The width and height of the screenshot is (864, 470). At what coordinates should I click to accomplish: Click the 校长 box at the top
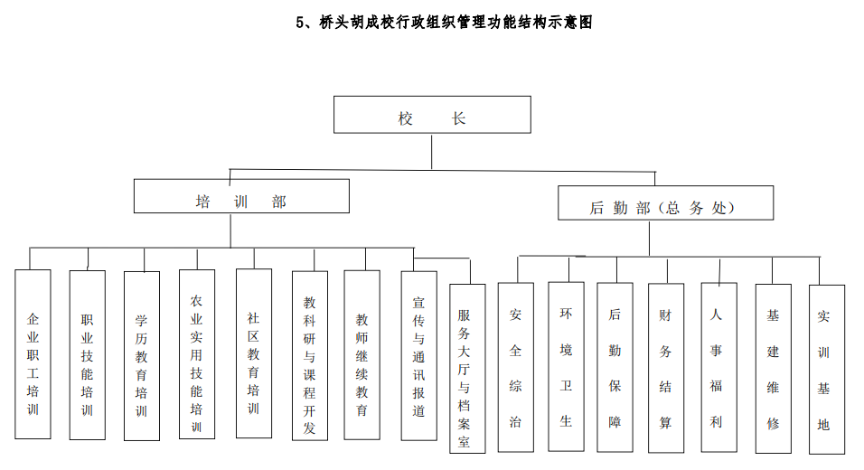click(432, 115)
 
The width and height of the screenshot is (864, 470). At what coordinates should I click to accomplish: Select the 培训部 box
click(241, 196)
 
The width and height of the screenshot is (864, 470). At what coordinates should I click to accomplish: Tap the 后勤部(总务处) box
click(665, 203)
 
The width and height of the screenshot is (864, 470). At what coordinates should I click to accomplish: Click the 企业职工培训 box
click(33, 354)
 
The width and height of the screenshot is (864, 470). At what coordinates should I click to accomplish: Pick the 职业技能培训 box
click(88, 354)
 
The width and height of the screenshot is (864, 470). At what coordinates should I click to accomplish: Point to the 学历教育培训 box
click(142, 356)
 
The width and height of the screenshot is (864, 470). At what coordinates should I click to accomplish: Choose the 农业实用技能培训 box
click(197, 354)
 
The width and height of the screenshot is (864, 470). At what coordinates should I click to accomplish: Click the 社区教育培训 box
click(254, 354)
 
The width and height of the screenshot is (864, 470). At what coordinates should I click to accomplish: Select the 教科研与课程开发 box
click(310, 356)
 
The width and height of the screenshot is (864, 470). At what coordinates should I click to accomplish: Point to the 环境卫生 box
click(566, 367)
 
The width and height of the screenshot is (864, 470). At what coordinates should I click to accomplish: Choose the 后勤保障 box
click(615, 367)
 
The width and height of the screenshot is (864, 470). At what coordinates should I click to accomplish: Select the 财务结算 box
click(666, 369)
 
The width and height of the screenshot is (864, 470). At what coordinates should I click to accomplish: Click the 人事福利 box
click(718, 367)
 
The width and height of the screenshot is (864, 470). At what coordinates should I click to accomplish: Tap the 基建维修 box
click(773, 369)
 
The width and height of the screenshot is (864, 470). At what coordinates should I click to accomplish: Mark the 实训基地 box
click(824, 369)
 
